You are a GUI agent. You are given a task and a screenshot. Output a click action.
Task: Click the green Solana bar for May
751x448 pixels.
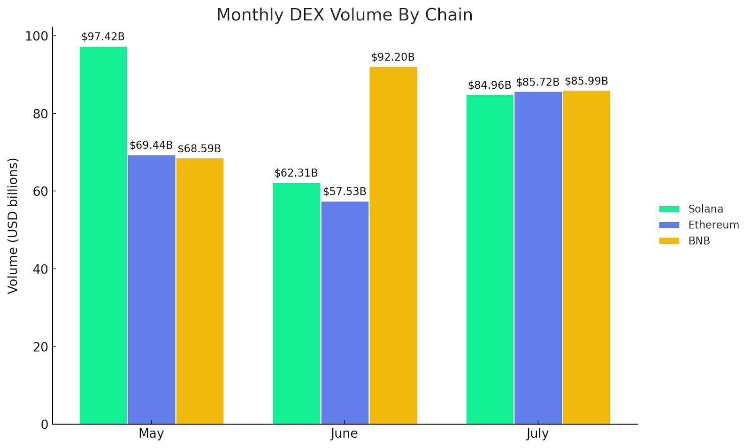coord(103,235)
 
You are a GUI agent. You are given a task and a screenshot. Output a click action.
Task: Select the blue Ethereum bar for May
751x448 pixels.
coord(152,289)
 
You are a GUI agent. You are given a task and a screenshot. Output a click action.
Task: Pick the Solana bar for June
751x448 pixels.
coord(297,303)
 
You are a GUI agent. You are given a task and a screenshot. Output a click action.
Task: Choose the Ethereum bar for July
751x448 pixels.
coord(538,258)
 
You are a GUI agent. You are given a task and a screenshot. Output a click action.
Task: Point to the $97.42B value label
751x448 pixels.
coord(103,37)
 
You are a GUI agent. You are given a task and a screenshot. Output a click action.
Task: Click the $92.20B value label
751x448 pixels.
coord(393,57)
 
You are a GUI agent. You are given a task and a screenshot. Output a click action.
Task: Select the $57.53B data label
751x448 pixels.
coord(345,192)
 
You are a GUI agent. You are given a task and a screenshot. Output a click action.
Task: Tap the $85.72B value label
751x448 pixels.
coord(538,83)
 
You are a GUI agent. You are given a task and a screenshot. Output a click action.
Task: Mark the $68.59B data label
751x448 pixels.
coord(199,149)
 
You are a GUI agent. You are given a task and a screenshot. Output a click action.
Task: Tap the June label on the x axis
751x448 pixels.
coord(344,433)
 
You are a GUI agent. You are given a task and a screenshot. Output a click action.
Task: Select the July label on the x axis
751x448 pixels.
coord(537,433)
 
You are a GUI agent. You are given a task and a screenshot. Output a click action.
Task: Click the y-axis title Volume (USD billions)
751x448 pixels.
coord(13,225)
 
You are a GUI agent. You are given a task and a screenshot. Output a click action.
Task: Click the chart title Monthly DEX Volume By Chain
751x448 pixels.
coord(345,15)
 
